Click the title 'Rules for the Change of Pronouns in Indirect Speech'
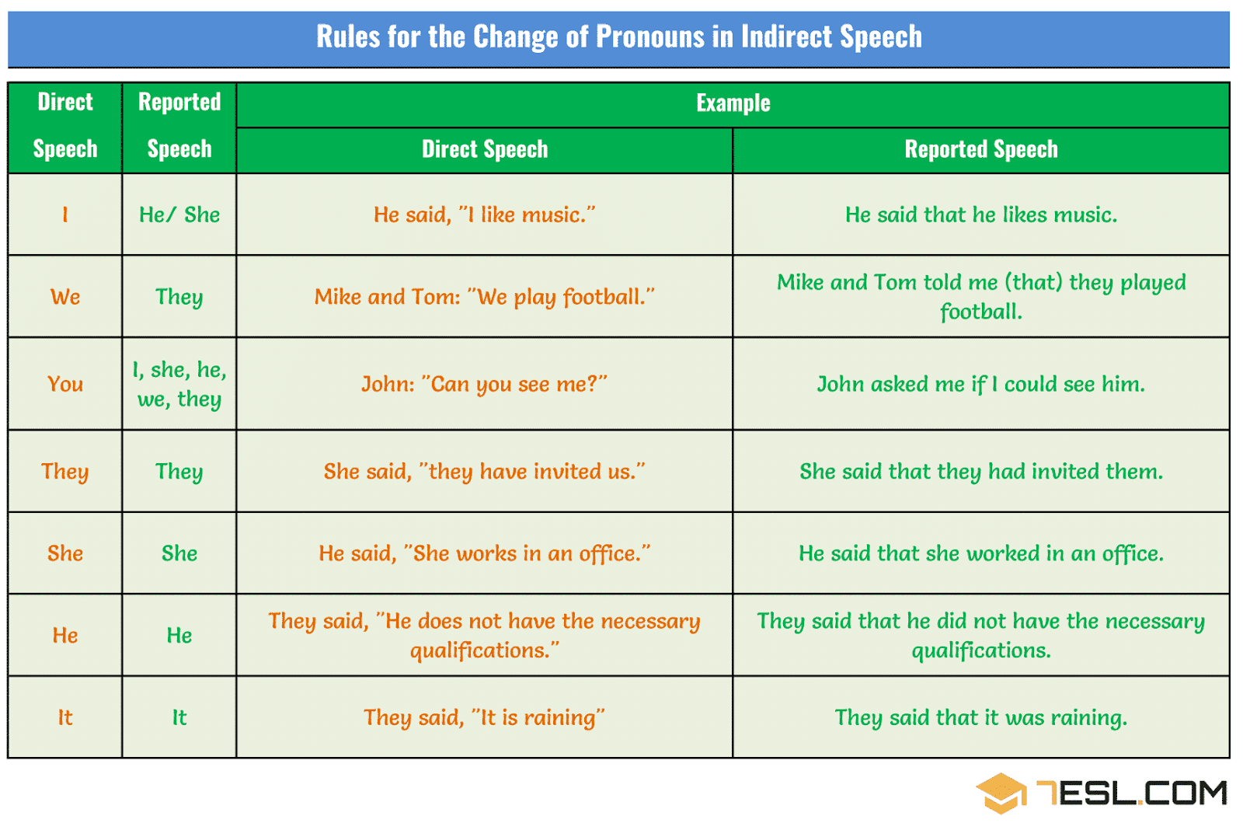click(618, 37)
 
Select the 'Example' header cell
click(733, 103)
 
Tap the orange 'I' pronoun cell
click(65, 214)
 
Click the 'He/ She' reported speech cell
click(179, 214)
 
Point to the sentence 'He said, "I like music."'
click(484, 214)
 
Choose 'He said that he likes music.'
click(980, 214)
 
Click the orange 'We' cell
click(65, 297)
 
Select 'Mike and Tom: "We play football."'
click(484, 297)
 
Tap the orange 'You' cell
click(65, 384)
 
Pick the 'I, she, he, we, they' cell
click(179, 384)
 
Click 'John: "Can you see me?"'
click(484, 384)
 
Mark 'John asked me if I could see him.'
click(980, 384)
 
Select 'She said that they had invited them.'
click(980, 472)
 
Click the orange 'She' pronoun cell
click(65, 553)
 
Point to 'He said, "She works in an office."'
click(484, 553)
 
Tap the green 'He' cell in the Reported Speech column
click(179, 636)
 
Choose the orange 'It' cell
click(65, 717)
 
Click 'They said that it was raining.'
click(980, 717)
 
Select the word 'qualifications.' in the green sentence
click(980, 650)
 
